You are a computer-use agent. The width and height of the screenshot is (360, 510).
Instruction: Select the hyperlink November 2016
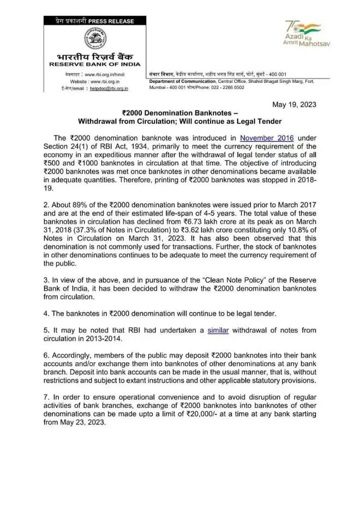pos(267,139)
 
